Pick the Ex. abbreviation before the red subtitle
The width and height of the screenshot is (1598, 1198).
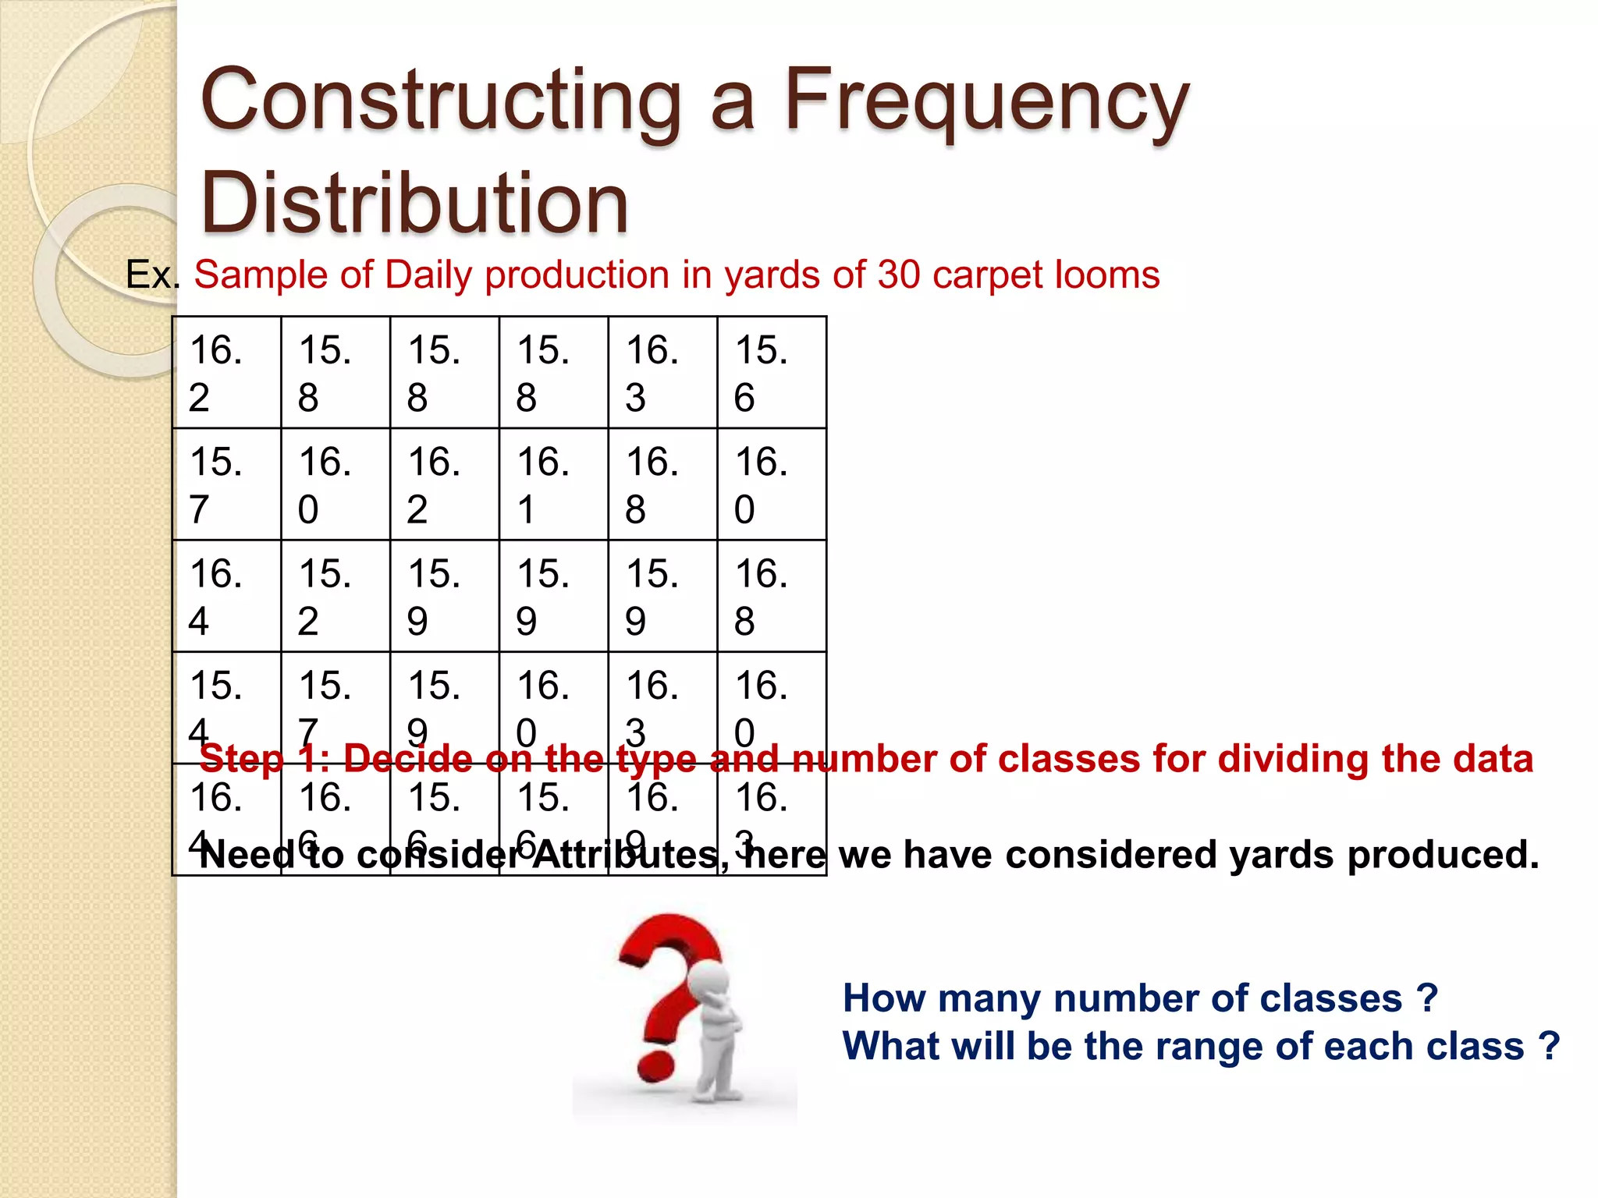[x=152, y=275]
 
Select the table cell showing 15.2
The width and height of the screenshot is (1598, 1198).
[x=335, y=596]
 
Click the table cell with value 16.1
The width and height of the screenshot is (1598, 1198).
[x=553, y=484]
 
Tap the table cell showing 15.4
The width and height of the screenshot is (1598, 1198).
[x=226, y=707]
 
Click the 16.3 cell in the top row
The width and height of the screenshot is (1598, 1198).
[x=662, y=373]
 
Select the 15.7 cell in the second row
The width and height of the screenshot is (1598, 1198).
[x=226, y=484]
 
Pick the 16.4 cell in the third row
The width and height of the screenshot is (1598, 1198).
[x=226, y=596]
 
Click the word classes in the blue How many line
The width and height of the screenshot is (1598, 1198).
[x=1330, y=998]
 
